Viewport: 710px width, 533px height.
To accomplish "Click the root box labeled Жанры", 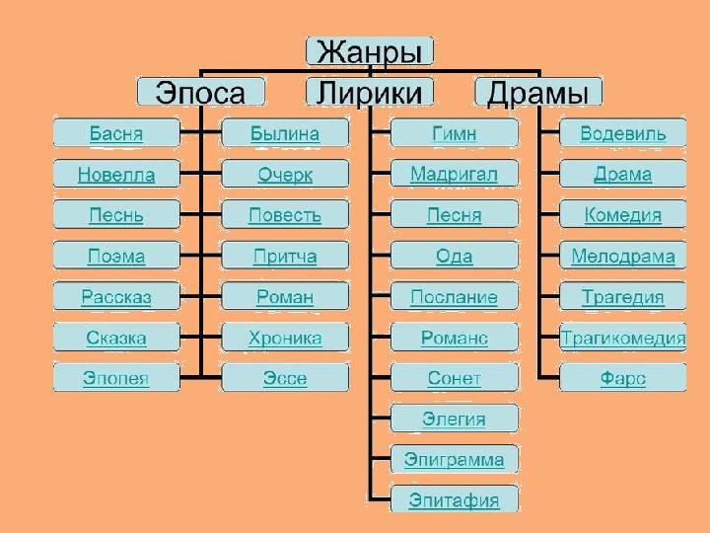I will click(370, 51).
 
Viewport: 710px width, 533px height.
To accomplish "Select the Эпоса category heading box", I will click(201, 92).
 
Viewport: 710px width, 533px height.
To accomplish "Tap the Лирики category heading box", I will click(370, 92).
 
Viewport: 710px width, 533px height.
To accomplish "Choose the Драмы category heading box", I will click(538, 92).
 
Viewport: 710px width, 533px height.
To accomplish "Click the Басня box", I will click(116, 133).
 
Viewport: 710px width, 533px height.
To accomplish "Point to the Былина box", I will click(285, 133).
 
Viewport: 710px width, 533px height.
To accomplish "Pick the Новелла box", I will click(116, 175).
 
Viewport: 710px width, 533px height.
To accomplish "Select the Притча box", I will click(285, 257).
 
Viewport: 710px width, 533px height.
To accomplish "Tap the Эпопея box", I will click(116, 378).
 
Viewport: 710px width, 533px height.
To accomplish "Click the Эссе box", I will click(285, 378).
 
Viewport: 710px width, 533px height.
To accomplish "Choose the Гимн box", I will click(455, 133).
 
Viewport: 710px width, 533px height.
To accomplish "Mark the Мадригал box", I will click(455, 175).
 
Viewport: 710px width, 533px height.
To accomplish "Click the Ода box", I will click(455, 257).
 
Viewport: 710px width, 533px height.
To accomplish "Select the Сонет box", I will click(455, 378).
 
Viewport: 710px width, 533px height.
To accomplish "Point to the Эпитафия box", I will click(455, 499).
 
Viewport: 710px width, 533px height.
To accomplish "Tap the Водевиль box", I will click(623, 133).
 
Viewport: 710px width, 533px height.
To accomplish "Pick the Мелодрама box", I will click(623, 257).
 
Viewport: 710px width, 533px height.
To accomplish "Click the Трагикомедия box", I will click(623, 339).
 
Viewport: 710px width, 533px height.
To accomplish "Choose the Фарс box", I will click(623, 378).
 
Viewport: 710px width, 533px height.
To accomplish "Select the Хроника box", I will click(285, 339).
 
